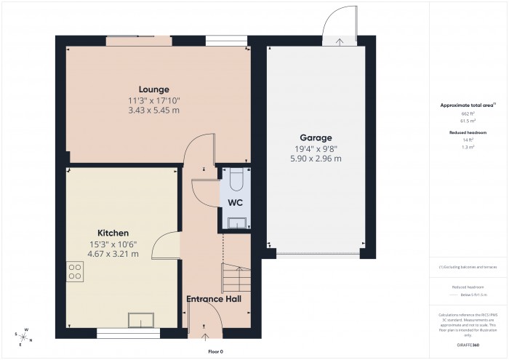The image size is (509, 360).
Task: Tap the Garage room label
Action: pyautogui.click(x=316, y=137)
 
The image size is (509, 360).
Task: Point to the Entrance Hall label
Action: pyautogui.click(x=214, y=299)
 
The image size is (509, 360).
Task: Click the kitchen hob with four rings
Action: pyautogui.click(x=75, y=271)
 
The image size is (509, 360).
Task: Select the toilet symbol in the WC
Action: pyautogui.click(x=234, y=177)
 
